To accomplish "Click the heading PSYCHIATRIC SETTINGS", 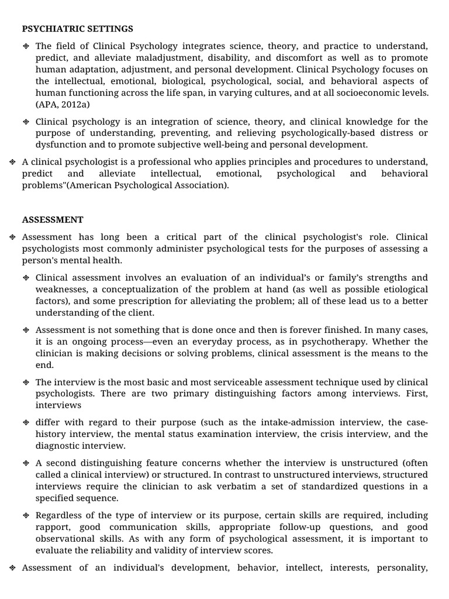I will click(78, 29).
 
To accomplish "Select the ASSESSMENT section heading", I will click(53, 220).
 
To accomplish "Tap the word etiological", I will click(402, 289).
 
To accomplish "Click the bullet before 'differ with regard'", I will click(26, 422).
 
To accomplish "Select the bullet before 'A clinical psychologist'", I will click(12, 162).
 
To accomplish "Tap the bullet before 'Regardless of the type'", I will click(26, 515).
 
